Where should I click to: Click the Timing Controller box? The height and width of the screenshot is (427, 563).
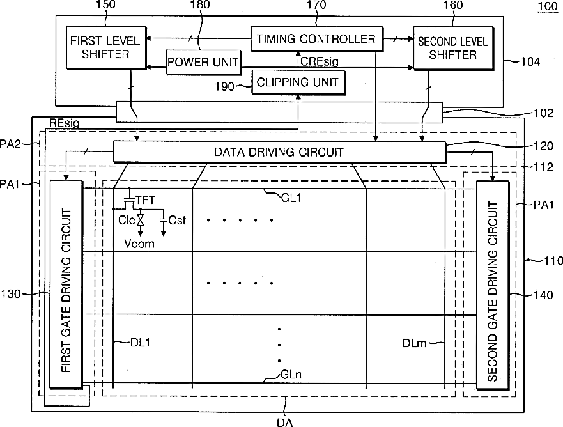click(x=316, y=39)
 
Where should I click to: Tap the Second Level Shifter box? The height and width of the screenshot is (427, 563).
click(x=452, y=48)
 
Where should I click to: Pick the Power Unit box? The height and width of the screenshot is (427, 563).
click(x=203, y=63)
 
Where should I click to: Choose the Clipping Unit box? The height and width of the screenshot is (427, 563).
click(x=297, y=82)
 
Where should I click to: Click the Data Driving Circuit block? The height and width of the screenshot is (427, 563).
click(x=279, y=152)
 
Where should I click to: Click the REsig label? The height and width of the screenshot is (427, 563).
click(x=64, y=124)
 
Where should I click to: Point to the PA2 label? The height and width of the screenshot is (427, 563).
click(x=23, y=144)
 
